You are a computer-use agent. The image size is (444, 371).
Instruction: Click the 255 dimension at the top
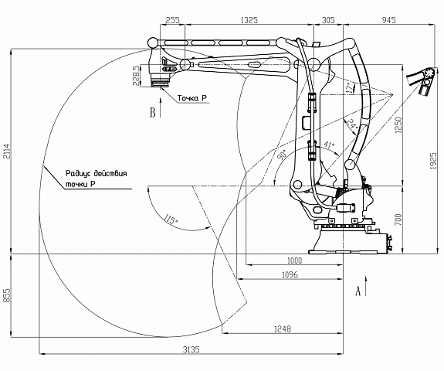172,20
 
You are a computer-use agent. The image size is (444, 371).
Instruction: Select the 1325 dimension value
249,20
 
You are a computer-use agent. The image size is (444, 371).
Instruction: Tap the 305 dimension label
328,20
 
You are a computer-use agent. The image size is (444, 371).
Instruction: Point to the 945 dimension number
388,20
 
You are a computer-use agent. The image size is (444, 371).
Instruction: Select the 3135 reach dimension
191,349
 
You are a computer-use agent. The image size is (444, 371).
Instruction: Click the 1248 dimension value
283,329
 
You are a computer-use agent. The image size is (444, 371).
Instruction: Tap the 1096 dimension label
290,274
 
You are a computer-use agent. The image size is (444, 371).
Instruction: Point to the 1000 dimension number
294,260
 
